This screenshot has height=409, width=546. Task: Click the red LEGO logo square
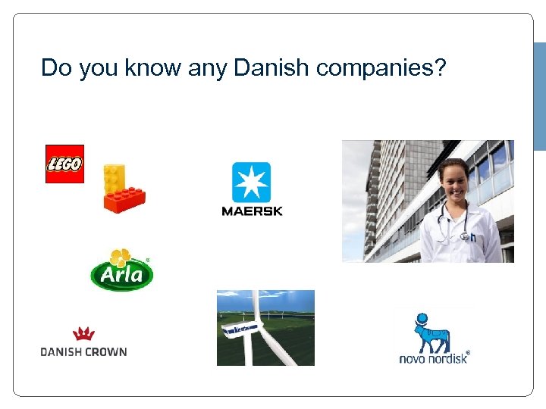64,164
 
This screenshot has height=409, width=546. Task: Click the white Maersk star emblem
251,183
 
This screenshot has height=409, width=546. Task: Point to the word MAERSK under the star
252,211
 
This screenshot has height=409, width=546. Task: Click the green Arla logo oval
121,274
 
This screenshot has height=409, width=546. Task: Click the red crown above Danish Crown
83,333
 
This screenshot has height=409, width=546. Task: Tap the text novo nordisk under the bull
433,357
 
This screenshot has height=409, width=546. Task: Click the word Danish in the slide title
272,67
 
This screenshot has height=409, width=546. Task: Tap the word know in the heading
152,67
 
